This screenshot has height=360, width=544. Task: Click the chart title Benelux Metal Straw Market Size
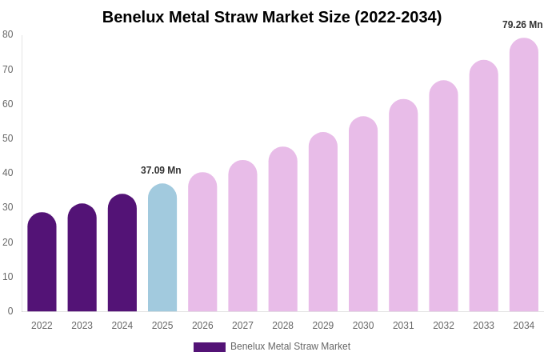pyautogui.click(x=272, y=17)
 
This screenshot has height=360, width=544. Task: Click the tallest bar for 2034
pyautogui.click(x=524, y=175)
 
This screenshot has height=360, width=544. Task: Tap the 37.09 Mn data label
pyautogui.click(x=161, y=170)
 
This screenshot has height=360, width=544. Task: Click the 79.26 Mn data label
pyautogui.click(x=522, y=25)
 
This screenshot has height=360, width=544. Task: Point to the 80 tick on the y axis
pyautogui.click(x=8, y=34)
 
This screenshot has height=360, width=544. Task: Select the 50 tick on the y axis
pyautogui.click(x=8, y=138)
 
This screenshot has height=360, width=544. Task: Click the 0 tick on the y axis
pyautogui.click(x=10, y=311)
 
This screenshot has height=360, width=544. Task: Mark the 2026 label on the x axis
pyautogui.click(x=202, y=326)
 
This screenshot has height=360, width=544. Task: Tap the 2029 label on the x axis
pyautogui.click(x=323, y=326)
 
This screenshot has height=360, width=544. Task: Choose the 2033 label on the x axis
pyautogui.click(x=483, y=326)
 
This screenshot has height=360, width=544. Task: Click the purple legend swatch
pyautogui.click(x=210, y=347)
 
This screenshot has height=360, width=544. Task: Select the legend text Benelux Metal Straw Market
pyautogui.click(x=290, y=346)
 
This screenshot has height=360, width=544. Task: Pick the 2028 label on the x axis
pyautogui.click(x=282, y=326)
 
